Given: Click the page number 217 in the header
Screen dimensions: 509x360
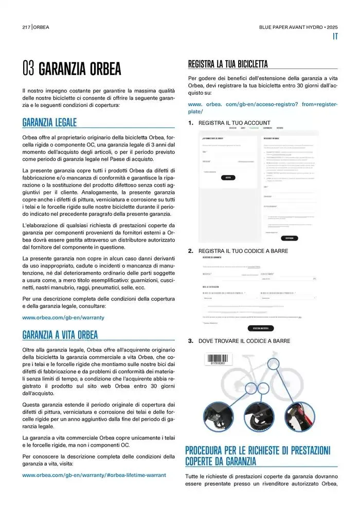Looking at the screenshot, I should click(27, 27).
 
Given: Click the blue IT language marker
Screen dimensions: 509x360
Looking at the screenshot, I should click(334, 36).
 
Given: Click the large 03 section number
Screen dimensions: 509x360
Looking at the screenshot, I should click(28, 68).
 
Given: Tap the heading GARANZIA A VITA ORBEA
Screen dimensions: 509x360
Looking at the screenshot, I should click(60, 335).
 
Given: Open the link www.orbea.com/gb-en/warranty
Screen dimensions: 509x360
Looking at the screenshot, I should click(63, 317).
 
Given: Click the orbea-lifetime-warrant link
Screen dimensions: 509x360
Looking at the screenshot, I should click(94, 475).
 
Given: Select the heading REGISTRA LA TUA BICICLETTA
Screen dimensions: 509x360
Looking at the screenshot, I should click(228, 64).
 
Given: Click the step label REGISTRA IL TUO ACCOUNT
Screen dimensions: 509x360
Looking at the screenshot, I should click(234, 123).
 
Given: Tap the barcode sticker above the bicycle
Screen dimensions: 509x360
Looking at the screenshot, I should click(220, 360).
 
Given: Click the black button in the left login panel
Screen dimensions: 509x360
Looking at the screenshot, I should click(228, 177).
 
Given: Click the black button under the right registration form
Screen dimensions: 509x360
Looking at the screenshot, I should click(290, 238).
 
